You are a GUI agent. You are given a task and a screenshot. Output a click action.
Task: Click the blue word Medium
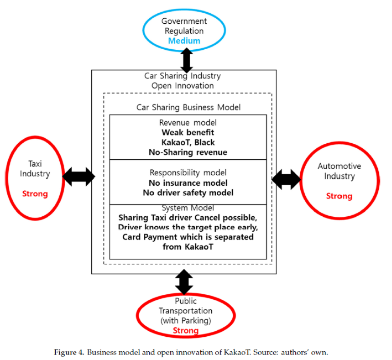tap(184, 41)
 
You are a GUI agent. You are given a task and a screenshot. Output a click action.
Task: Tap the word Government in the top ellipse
tap(184, 21)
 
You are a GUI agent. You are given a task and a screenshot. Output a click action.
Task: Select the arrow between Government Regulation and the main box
tap(187, 60)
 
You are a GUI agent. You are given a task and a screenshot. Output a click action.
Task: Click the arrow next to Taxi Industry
tap(78, 177)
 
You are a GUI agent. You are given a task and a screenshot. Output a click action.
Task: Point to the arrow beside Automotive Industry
tap(286, 179)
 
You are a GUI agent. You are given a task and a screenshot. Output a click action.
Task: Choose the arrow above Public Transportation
tap(184, 282)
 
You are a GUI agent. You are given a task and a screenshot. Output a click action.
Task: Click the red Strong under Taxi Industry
tap(35, 194)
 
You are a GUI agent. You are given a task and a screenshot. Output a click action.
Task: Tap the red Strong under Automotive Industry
tap(339, 196)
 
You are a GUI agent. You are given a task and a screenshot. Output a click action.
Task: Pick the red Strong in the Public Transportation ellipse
tap(186, 330)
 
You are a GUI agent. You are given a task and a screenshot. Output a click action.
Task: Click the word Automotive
tap(339, 166)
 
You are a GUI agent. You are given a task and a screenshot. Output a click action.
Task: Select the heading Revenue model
tap(188, 122)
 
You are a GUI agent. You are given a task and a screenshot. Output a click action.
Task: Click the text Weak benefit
tap(188, 132)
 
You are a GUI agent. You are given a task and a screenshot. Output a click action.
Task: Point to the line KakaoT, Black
tap(188, 142)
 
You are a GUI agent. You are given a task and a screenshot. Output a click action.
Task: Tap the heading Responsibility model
tap(188, 172)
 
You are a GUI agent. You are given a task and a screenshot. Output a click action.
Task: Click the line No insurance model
tap(188, 183)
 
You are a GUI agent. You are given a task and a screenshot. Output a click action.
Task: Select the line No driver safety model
tap(188, 193)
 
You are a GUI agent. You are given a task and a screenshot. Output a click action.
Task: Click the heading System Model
tap(188, 208)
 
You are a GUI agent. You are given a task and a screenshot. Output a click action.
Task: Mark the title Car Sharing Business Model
tap(188, 107)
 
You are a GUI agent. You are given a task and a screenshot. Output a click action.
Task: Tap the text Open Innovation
tap(183, 86)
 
